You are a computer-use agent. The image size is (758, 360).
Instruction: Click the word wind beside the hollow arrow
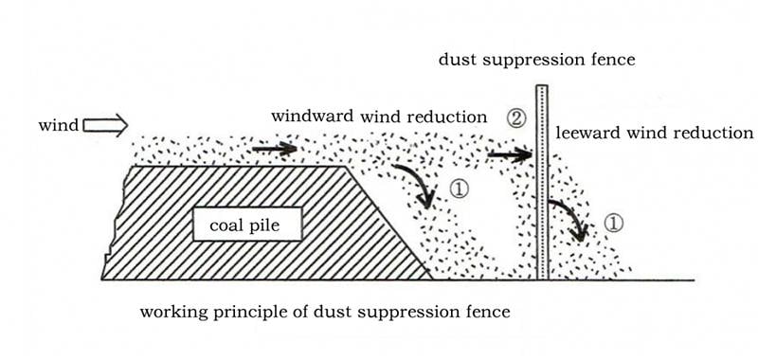click(x=58, y=126)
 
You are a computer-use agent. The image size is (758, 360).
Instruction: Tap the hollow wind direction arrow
click(x=105, y=126)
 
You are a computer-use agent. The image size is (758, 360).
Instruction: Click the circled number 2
click(x=515, y=118)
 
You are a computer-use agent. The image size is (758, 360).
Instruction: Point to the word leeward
click(x=587, y=133)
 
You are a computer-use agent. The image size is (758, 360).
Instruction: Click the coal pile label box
click(x=247, y=224)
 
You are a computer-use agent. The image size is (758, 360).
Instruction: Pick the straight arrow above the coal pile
click(x=275, y=149)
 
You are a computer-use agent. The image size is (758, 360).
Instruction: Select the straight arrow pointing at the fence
click(x=510, y=154)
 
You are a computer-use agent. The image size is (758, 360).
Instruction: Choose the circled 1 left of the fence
click(x=459, y=189)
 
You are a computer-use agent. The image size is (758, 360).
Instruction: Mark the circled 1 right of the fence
click(x=613, y=223)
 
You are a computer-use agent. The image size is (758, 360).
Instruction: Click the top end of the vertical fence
click(x=542, y=85)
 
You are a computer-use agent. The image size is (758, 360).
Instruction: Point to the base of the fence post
click(x=542, y=279)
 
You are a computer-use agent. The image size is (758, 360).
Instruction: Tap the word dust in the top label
click(x=457, y=60)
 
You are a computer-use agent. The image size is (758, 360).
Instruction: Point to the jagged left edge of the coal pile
click(x=115, y=223)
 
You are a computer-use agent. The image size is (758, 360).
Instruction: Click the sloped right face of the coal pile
click(x=389, y=223)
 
